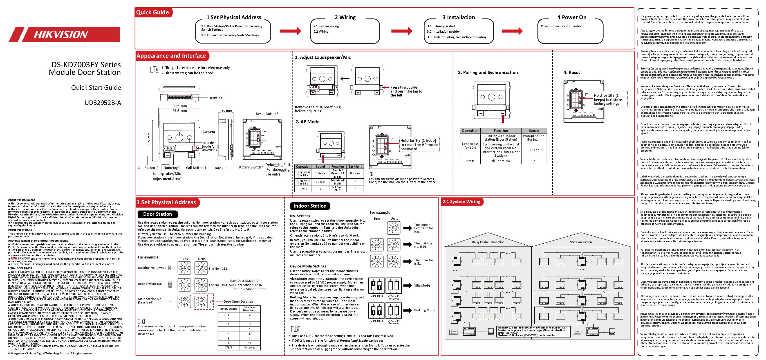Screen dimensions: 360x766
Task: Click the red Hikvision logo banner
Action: [x=64, y=35]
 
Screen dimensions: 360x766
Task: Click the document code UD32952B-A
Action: [x=103, y=103]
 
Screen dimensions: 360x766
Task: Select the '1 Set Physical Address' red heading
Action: [x=166, y=202]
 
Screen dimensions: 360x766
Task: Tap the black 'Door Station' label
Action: [x=157, y=214]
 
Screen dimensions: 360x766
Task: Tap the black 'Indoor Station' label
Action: [x=310, y=206]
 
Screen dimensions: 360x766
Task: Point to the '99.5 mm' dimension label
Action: [x=180, y=106]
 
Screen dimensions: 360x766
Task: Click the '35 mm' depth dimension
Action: [x=226, y=111]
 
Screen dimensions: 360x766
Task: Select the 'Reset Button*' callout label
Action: [x=267, y=114]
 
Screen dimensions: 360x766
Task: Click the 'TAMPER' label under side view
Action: [x=221, y=168]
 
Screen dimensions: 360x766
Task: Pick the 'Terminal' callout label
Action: [x=216, y=98]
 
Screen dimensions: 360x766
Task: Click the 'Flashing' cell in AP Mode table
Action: [x=355, y=174]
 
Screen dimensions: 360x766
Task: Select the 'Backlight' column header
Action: [x=355, y=166]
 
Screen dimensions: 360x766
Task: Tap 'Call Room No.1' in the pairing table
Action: [x=501, y=161]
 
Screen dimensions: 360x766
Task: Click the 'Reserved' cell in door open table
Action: [x=250, y=348]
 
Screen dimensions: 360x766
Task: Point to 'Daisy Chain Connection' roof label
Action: [x=488, y=242]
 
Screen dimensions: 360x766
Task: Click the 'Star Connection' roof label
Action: [x=581, y=242]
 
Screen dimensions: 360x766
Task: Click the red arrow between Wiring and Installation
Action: [x=402, y=31]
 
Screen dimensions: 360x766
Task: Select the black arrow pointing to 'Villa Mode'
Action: [x=407, y=285]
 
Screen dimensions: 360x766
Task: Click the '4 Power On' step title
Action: [x=572, y=17]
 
